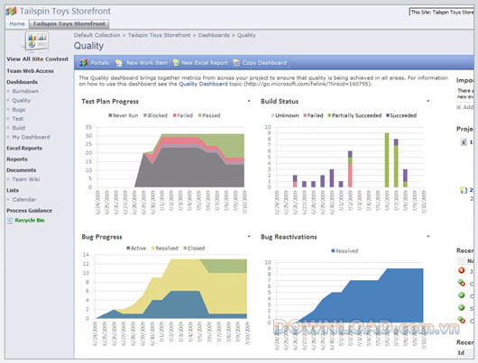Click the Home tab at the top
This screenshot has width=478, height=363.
pyautogui.click(x=17, y=23)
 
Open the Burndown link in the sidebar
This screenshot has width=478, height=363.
pyautogui.click(x=25, y=91)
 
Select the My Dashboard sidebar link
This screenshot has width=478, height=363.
pyautogui.click(x=31, y=136)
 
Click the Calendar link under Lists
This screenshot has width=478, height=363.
pyautogui.click(x=25, y=199)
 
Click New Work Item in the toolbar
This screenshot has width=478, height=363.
pyautogui.click(x=146, y=63)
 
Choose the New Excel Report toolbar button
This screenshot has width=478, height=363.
pyautogui.click(x=203, y=63)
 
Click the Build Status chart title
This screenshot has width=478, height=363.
pyautogui.click(x=281, y=103)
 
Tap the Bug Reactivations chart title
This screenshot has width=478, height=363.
pyautogui.click(x=292, y=237)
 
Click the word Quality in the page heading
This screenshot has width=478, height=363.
pyautogui.click(x=88, y=44)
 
